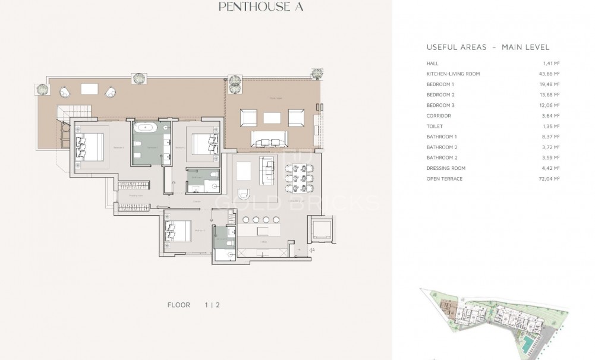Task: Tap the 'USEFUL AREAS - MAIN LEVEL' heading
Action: (487, 47)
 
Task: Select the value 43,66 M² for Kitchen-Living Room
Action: (552, 74)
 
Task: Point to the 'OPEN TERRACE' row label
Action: (444, 178)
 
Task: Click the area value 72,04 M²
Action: (552, 178)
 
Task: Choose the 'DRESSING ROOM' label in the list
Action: (446, 168)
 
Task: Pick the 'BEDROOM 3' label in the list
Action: (440, 105)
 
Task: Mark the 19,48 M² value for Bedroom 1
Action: (552, 84)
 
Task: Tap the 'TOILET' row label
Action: (436, 126)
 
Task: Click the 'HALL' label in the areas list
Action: (432, 63)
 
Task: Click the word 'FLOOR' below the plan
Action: (179, 305)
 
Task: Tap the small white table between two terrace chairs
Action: (90, 89)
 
